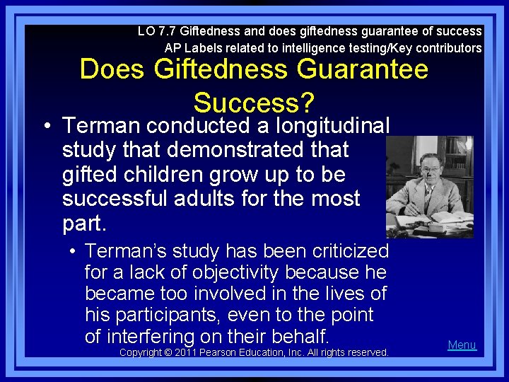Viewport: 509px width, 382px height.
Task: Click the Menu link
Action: (x=462, y=345)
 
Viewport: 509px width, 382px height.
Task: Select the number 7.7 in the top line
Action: (x=166, y=31)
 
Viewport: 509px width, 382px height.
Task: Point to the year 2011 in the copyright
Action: (x=186, y=352)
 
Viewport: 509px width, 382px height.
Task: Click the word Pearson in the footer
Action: (x=221, y=352)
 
